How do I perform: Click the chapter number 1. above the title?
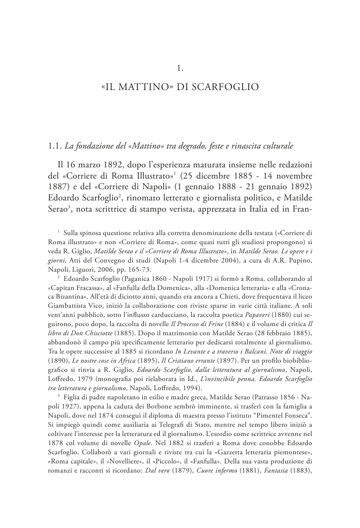179,67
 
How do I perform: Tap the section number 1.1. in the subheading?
55,147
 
